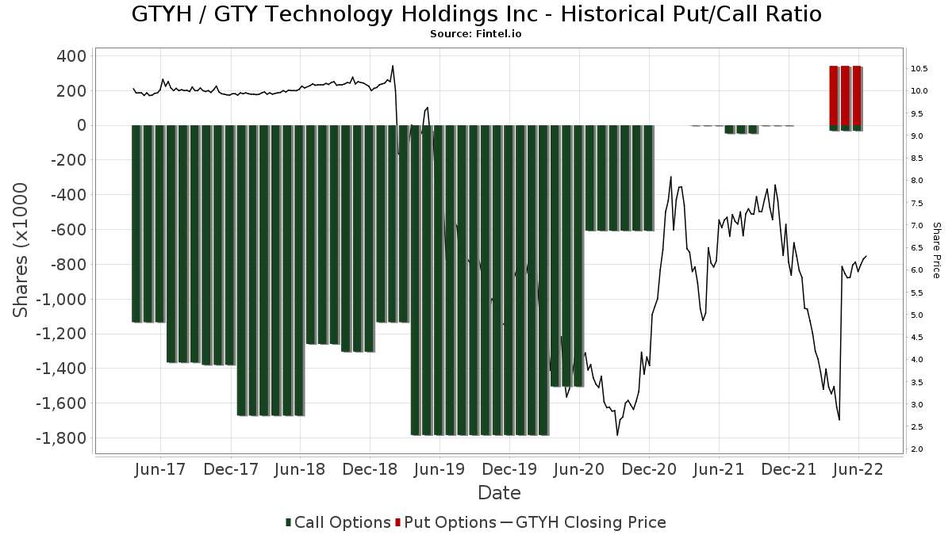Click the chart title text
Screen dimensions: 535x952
click(x=476, y=14)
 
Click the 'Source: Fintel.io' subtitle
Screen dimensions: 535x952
click(x=476, y=34)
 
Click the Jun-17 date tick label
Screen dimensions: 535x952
click(x=160, y=469)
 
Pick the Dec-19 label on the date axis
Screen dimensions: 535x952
click(x=509, y=469)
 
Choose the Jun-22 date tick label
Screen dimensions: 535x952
click(x=859, y=469)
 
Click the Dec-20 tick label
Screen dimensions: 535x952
click(x=649, y=469)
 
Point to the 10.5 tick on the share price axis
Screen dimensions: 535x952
click(x=919, y=69)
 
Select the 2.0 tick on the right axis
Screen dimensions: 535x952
click(x=916, y=449)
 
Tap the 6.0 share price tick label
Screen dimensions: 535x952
click(x=916, y=270)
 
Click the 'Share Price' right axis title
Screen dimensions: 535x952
click(x=936, y=250)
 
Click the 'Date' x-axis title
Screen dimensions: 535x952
click(x=499, y=493)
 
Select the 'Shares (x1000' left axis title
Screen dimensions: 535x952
click(x=21, y=250)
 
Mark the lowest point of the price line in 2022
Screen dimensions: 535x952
click(x=839, y=420)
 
